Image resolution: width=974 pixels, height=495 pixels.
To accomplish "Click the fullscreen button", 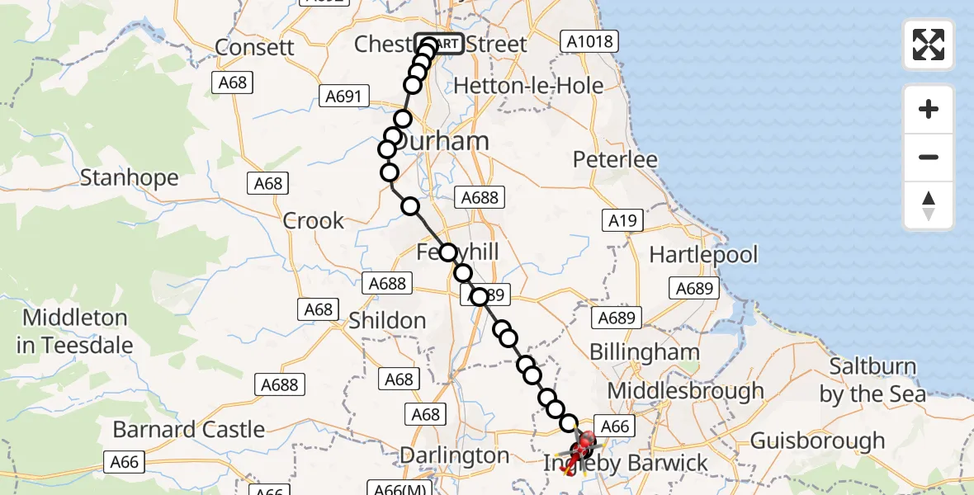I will (x=929, y=45).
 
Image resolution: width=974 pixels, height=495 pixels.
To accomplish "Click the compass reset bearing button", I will (x=929, y=205).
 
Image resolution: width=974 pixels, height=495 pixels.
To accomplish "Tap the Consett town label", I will (x=254, y=46).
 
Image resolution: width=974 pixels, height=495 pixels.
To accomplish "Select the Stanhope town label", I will (x=129, y=177).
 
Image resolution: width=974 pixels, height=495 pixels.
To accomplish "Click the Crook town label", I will (x=314, y=220).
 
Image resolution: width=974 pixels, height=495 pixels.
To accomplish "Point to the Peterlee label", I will (x=615, y=159).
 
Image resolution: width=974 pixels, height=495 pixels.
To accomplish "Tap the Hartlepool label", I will (x=703, y=254).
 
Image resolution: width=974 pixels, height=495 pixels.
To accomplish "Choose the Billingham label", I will (x=644, y=352).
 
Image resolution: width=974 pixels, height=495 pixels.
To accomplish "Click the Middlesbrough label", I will (x=685, y=390).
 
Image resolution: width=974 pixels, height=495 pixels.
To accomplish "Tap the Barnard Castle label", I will (x=189, y=429).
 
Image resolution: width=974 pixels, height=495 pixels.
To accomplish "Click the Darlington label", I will (x=454, y=455).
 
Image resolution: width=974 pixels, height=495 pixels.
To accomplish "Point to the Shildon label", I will (x=387, y=320).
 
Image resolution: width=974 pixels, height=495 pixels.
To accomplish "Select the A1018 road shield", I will (x=588, y=40).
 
